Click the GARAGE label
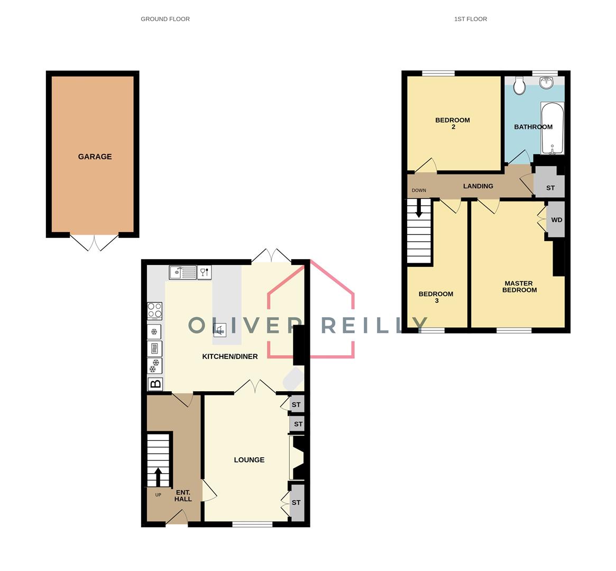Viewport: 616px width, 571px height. click(x=95, y=156)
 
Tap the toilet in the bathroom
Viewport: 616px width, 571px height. click(x=519, y=86)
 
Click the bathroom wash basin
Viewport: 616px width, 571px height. click(x=546, y=82)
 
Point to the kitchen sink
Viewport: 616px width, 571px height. click(x=182, y=272)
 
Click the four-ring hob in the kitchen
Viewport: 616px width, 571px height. click(x=155, y=311)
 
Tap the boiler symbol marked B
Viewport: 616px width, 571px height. click(x=155, y=384)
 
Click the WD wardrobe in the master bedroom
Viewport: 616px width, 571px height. click(x=556, y=220)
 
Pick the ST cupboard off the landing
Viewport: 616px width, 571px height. click(x=550, y=188)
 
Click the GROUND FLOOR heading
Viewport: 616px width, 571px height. click(x=165, y=19)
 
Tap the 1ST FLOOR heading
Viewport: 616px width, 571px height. click(x=470, y=19)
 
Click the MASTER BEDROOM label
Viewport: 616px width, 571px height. click(x=519, y=287)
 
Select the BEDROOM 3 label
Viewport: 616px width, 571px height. click(x=436, y=297)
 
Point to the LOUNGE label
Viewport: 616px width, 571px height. click(x=249, y=460)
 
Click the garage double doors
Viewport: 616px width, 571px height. click(x=94, y=242)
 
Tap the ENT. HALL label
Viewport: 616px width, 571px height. click(x=183, y=495)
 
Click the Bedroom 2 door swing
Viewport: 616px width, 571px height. click(x=426, y=165)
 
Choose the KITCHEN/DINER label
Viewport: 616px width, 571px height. click(x=230, y=356)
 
